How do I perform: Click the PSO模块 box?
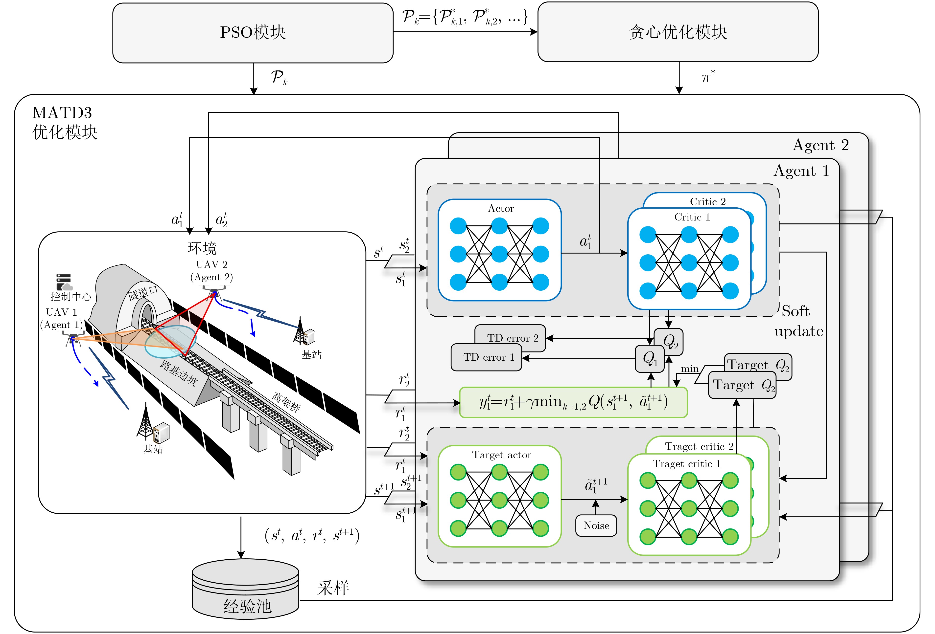253,33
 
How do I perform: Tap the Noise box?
596,525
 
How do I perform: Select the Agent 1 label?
801,171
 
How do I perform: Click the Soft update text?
799,321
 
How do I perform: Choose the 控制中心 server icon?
64,282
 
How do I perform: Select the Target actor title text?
501,455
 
